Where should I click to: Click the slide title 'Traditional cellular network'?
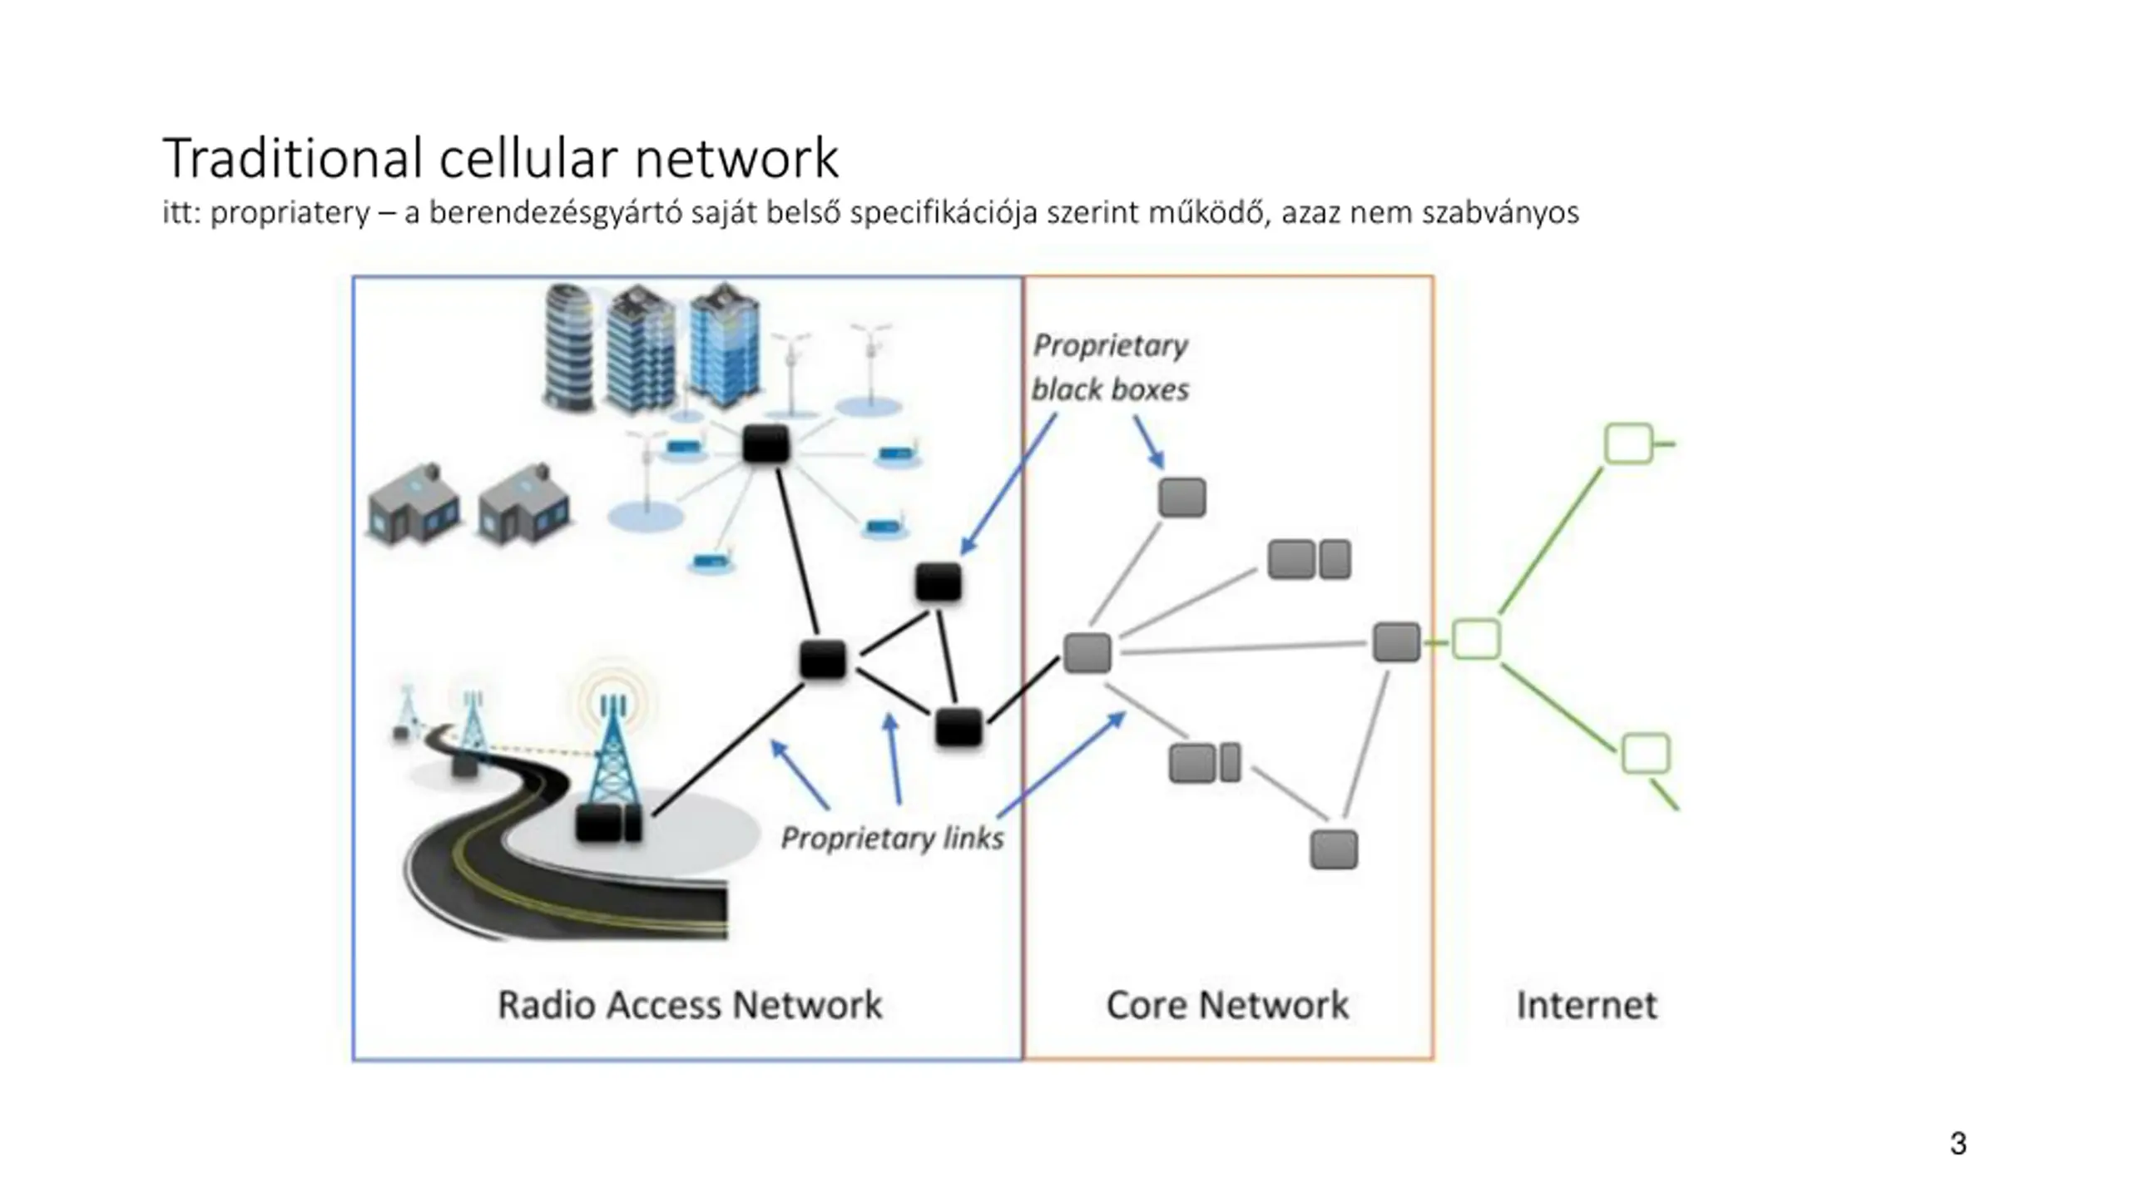point(500,157)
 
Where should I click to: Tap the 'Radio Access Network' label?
point(689,1004)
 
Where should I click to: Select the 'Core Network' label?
point(1226,1004)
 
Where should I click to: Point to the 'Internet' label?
point(1586,1004)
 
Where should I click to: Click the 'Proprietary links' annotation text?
point(892,838)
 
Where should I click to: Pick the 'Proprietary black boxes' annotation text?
point(1110,368)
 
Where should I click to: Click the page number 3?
point(1958,1143)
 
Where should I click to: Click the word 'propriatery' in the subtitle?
point(290,213)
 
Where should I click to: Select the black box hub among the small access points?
point(765,444)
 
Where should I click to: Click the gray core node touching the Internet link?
point(1395,642)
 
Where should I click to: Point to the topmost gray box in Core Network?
point(1181,498)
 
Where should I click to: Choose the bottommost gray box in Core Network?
point(1333,849)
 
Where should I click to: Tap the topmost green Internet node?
point(1627,443)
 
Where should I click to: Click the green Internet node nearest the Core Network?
point(1476,640)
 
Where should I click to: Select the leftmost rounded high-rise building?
point(570,347)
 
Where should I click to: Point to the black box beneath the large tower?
point(608,822)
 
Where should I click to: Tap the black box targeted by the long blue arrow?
point(938,582)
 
